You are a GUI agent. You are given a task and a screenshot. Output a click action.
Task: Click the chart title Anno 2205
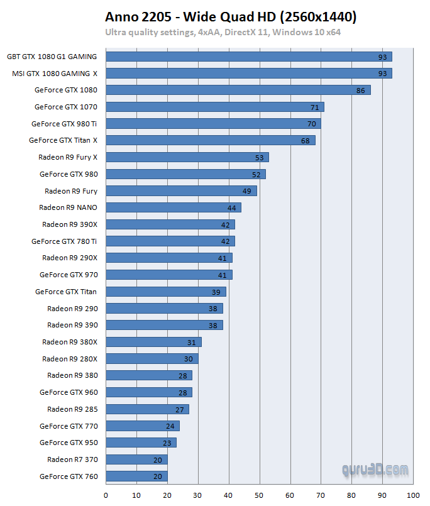click(x=231, y=17)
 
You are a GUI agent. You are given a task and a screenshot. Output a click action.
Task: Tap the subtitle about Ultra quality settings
click(x=223, y=32)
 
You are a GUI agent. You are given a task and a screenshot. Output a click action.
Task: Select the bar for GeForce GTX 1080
click(x=238, y=90)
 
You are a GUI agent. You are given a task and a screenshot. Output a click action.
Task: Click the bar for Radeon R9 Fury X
click(x=187, y=157)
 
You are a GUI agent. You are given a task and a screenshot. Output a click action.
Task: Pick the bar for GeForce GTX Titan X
click(x=210, y=140)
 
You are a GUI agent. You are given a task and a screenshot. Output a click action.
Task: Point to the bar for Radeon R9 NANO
click(x=173, y=207)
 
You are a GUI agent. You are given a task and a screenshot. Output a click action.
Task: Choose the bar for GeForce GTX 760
click(x=136, y=476)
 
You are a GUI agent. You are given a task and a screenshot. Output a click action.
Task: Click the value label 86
click(x=360, y=91)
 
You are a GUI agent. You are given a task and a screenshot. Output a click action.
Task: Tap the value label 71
click(x=314, y=107)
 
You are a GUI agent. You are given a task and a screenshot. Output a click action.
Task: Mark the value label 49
click(x=246, y=191)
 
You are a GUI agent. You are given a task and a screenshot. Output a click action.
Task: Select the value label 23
click(x=167, y=443)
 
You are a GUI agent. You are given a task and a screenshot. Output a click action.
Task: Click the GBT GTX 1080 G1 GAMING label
click(x=52, y=57)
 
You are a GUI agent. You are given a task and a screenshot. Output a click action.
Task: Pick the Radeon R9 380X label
click(x=70, y=342)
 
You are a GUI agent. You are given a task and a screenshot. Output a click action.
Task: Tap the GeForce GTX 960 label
click(x=69, y=392)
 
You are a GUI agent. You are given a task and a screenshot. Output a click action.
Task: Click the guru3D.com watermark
click(x=375, y=470)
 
